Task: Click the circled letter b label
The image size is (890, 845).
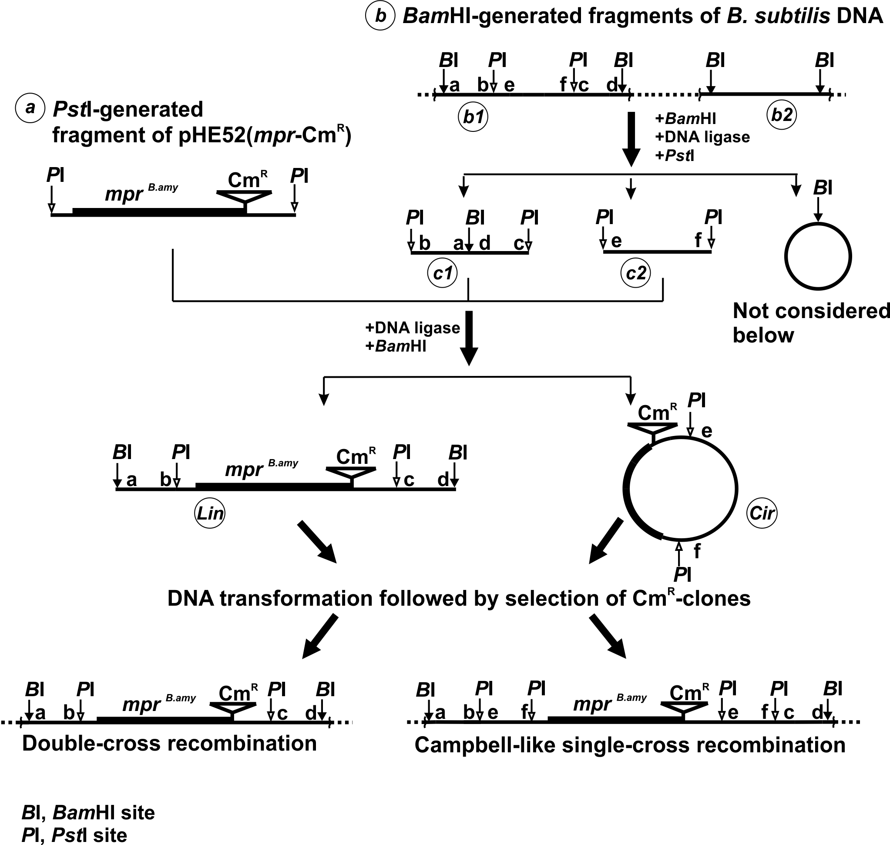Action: coord(381,16)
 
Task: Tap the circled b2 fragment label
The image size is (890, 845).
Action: coord(782,115)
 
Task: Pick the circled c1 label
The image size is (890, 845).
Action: coord(443,273)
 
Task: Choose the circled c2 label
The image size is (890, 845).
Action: coord(635,273)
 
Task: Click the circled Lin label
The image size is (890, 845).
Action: coord(210,513)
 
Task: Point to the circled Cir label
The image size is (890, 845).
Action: coord(762,513)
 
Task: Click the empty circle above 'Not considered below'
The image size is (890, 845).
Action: coord(818,223)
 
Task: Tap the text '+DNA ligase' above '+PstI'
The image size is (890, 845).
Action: coord(702,137)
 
